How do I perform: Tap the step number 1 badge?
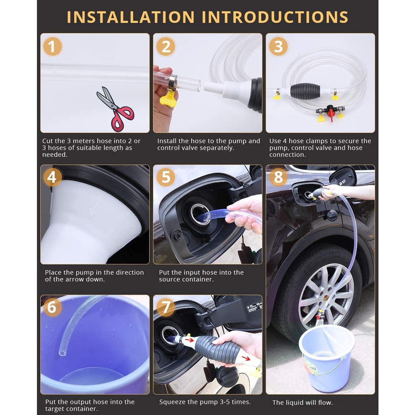[x=52, y=46]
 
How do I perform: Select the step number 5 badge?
[x=166, y=177]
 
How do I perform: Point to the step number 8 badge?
[x=278, y=177]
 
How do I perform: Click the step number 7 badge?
[x=166, y=307]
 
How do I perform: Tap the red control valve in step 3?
[x=330, y=112]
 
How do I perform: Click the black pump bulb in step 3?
[x=305, y=91]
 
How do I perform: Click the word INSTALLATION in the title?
[x=131, y=17]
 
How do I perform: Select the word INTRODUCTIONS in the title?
[x=275, y=17]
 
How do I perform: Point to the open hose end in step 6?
[x=63, y=352]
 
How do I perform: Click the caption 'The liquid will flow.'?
[x=303, y=403]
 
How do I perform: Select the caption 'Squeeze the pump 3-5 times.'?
[x=205, y=402]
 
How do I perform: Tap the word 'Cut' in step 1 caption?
[x=47, y=141]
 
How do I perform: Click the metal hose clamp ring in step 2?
[x=172, y=81]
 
